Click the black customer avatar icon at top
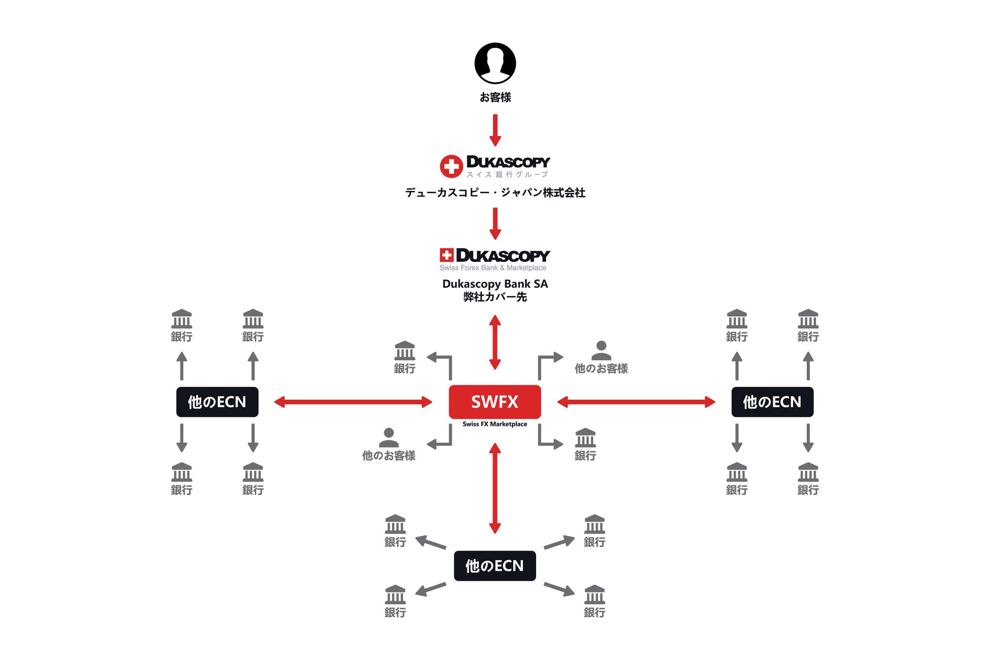[x=495, y=63]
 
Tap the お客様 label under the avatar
[x=495, y=97]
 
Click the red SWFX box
[x=494, y=402]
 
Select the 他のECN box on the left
[x=217, y=402]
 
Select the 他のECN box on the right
[x=772, y=402]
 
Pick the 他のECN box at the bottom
[x=494, y=566]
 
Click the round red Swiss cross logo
[x=451, y=166]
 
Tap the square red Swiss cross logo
[x=446, y=255]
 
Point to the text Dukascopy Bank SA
[x=495, y=284]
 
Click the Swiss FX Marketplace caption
[x=494, y=424]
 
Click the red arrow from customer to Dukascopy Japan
[x=495, y=130]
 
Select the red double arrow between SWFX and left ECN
[x=353, y=402]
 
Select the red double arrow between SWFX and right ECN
[x=636, y=402]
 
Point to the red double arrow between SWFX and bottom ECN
[x=495, y=488]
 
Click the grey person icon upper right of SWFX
[x=601, y=350]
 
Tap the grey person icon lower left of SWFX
[x=388, y=438]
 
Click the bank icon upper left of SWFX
[x=405, y=350]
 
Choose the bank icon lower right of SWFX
[x=585, y=438]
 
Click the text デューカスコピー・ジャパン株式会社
[x=495, y=192]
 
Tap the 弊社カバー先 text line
[x=495, y=297]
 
